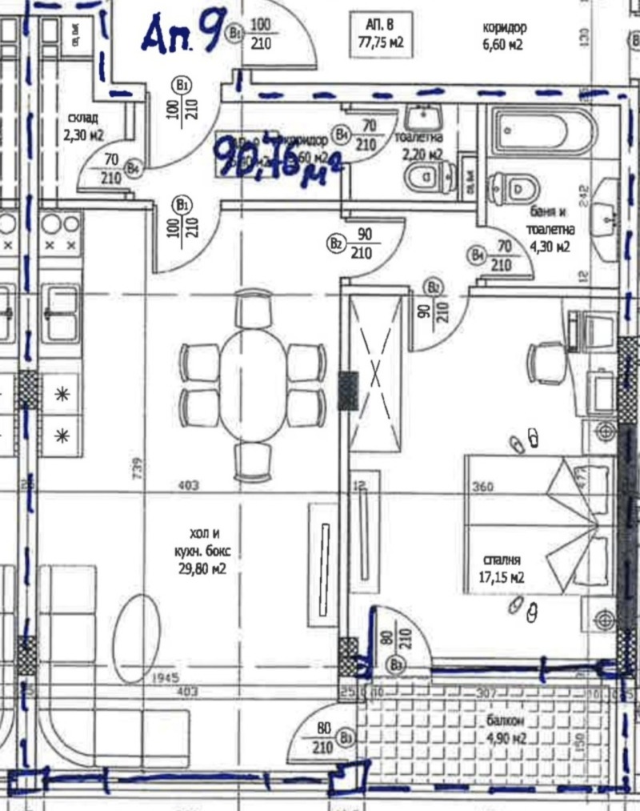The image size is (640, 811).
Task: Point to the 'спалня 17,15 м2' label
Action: tap(503, 568)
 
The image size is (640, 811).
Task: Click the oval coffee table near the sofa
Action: tap(137, 637)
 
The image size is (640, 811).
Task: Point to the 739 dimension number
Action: tap(135, 467)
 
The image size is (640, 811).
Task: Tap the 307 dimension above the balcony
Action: tap(487, 693)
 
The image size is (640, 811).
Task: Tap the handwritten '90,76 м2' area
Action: tap(277, 156)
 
